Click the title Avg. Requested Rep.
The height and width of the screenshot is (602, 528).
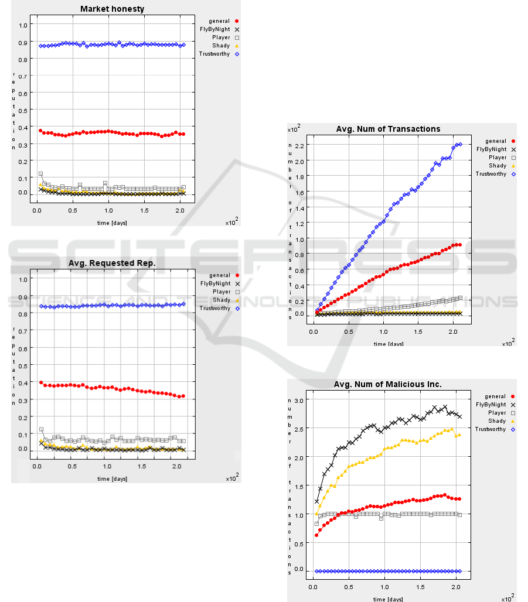pos(111,263)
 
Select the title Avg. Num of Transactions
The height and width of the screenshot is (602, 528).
pos(388,129)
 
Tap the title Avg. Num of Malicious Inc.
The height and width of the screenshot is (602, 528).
pos(388,384)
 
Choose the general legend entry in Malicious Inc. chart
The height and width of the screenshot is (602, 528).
pos(500,396)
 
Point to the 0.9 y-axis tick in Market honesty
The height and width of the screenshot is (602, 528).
pos(23,42)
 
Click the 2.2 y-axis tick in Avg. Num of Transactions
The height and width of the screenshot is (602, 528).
pos(300,146)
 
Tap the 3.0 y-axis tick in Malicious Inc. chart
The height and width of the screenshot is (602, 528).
pos(300,400)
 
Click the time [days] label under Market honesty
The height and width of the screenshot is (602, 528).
pos(111,223)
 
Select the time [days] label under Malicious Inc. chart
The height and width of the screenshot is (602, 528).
pos(388,598)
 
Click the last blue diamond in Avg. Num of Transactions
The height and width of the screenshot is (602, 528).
pos(460,144)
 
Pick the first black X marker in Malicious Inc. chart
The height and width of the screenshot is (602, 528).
pos(317,501)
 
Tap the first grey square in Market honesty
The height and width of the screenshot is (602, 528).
pos(40,174)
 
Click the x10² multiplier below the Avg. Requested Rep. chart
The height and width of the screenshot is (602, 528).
pos(231,478)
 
